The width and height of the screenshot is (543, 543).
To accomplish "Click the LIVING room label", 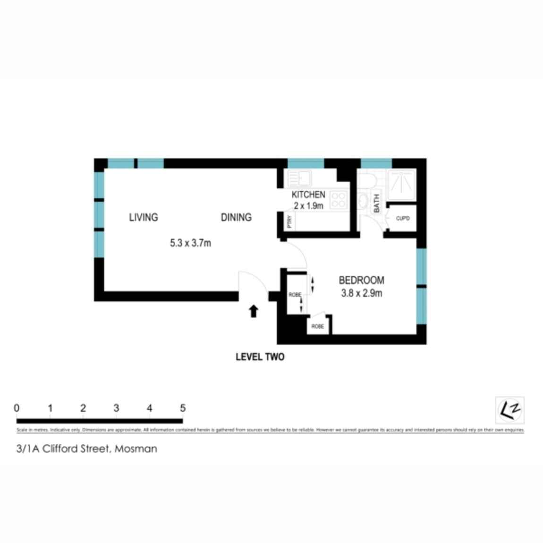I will tap(144, 217).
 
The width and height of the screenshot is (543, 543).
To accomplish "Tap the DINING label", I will tap(236, 217).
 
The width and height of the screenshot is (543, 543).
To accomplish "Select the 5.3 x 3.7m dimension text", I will tap(190, 243).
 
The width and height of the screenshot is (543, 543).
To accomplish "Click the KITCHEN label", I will tap(308, 195).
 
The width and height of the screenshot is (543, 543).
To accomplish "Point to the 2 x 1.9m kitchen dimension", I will tap(308, 206).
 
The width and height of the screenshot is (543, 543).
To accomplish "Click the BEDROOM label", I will tap(361, 280).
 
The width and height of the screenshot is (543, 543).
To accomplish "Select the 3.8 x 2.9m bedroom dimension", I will tap(362, 293).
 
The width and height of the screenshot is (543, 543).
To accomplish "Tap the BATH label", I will tap(377, 203).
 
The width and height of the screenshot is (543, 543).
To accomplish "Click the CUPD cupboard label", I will tap(403, 219).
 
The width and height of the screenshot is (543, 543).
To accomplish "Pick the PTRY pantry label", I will tap(290, 221).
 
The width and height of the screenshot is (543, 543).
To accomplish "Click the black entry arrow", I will tap(254, 311).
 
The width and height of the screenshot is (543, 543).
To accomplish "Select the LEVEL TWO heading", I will tap(260, 357).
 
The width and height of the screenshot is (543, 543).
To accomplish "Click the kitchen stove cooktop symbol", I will tap(338, 200).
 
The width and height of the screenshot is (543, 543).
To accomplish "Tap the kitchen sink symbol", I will tap(298, 179).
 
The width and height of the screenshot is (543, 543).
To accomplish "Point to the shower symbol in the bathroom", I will tap(401, 182).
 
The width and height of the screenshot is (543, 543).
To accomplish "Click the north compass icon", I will tap(509, 410).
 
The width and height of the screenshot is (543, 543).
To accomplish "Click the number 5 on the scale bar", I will tap(183, 408).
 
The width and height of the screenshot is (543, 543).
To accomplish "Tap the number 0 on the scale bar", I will tap(17, 408).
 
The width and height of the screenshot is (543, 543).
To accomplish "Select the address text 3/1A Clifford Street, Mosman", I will tap(87, 449).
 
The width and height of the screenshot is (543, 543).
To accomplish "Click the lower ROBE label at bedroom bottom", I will tap(318, 326).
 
